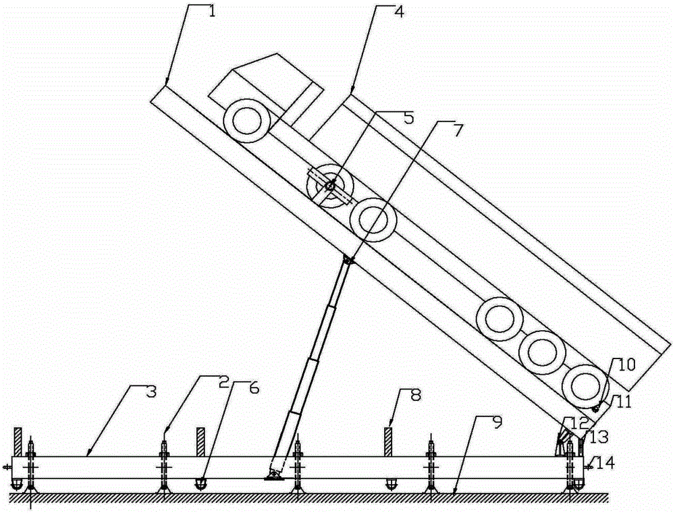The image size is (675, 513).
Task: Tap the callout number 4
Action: pos(399,11)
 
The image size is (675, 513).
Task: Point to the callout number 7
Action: pos(457,130)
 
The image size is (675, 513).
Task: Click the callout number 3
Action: pos(151,392)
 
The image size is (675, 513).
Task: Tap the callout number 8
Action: pos(415,395)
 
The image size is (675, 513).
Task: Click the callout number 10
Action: pos(627,365)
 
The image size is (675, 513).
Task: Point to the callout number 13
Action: pos(599,437)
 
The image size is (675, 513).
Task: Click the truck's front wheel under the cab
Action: pos(246,121)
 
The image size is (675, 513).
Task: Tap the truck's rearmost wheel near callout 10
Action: pos(585,386)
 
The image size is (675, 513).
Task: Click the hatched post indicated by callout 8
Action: pos(388,441)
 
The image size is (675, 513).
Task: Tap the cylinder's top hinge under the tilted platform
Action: pos(348,260)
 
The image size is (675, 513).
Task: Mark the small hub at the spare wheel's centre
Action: pos(330,186)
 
